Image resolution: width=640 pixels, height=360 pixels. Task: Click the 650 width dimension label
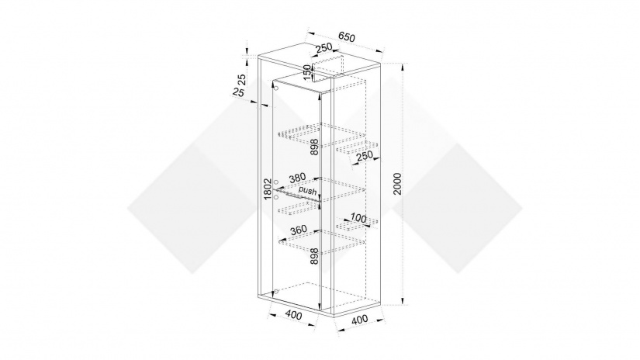(x=347, y=36)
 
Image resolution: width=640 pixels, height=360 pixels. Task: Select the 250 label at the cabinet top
(x=323, y=47)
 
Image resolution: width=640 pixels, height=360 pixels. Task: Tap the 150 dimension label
(x=307, y=72)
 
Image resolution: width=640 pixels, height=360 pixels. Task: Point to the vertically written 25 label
(x=241, y=78)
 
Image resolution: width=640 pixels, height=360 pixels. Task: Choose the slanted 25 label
(x=238, y=92)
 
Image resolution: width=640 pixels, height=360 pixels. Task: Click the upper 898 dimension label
(x=314, y=147)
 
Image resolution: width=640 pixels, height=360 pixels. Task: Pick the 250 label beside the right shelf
(x=364, y=155)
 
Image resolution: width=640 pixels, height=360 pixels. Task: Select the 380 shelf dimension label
(x=297, y=178)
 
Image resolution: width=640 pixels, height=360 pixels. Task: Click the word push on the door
(x=307, y=191)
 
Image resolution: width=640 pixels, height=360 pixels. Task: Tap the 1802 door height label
(x=268, y=189)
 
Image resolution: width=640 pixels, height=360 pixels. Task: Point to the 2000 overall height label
(x=397, y=184)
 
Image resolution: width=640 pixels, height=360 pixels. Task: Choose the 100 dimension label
(x=358, y=218)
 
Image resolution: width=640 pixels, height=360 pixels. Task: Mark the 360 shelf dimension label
(x=298, y=230)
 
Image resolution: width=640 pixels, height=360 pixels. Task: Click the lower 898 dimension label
(x=314, y=256)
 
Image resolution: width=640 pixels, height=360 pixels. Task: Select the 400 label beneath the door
(x=293, y=315)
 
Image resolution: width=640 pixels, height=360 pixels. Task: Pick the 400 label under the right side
(x=360, y=319)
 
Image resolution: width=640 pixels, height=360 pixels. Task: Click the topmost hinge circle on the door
(x=276, y=88)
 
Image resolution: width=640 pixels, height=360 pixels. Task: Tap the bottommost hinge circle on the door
(x=276, y=292)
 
